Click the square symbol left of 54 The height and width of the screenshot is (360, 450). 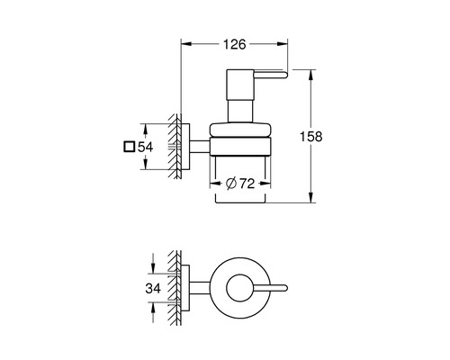pos(130,147)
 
